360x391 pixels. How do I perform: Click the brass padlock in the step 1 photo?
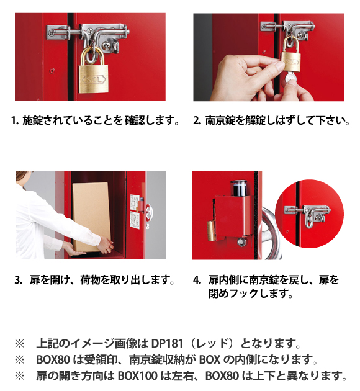94,73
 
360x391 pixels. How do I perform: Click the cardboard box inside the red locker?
91,217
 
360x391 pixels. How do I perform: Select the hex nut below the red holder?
241,241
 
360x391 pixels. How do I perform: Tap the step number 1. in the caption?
16,120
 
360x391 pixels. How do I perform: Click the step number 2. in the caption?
197,120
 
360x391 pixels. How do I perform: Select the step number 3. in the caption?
19,280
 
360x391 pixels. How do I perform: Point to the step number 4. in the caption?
197,280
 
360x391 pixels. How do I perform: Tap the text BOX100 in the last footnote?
137,375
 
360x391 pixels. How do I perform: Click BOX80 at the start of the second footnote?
53,359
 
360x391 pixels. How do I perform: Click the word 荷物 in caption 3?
90,280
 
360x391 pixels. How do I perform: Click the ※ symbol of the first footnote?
20,344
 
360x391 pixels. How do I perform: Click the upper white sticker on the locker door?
135,202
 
